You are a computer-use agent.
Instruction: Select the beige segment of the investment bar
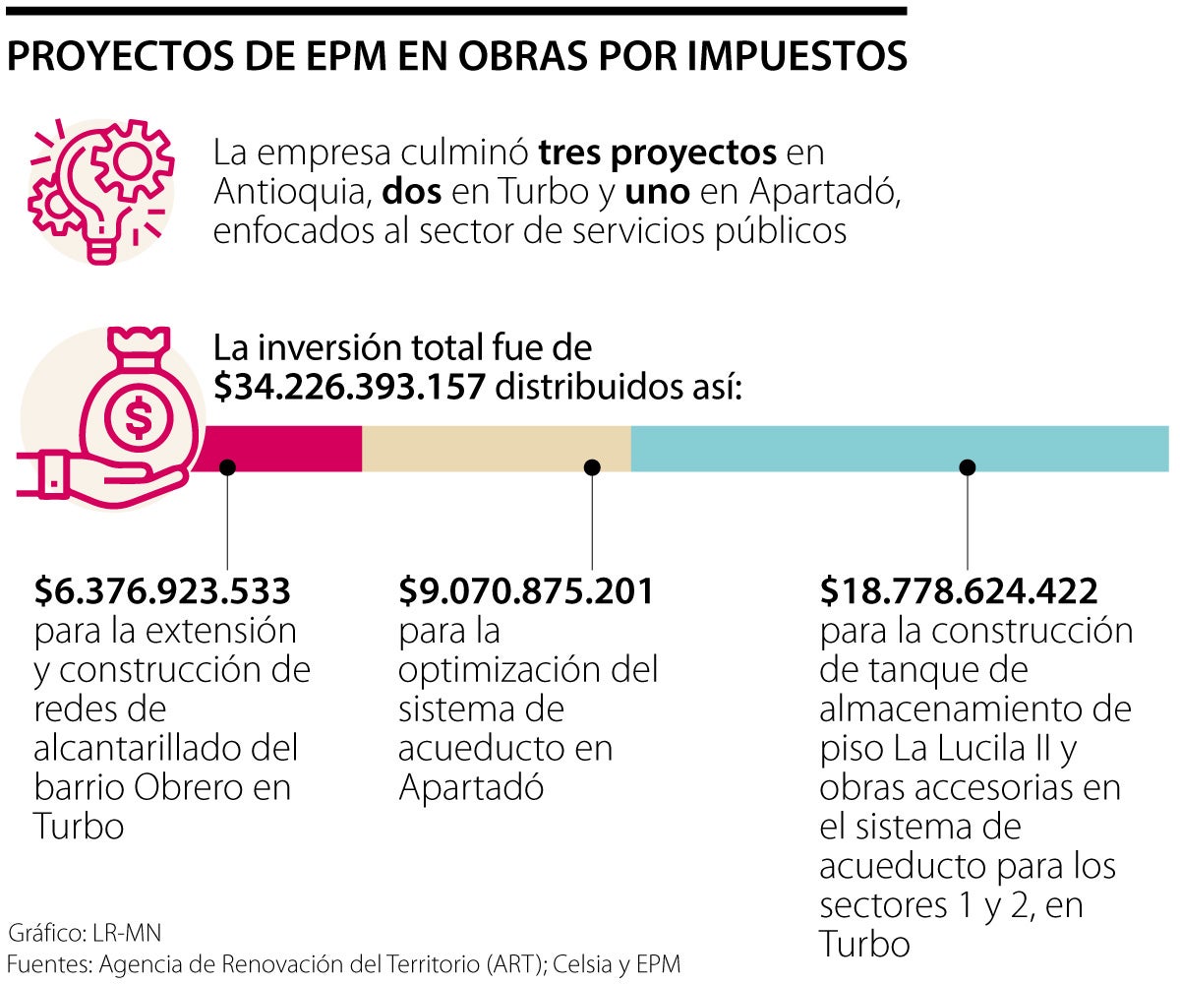pos(497,449)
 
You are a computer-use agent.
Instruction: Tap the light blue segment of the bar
pos(899,449)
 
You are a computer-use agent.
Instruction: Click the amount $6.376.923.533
pos(162,591)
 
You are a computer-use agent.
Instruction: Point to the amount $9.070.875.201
pos(526,591)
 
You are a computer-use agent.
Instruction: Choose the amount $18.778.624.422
pos(959,591)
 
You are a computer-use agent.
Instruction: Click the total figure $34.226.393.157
pos(350,388)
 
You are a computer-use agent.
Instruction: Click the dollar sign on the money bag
pos(139,418)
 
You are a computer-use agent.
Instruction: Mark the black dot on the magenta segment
pos(227,467)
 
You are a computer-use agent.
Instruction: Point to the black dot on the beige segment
pos(591,467)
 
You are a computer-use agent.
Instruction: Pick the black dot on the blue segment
pos(968,467)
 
